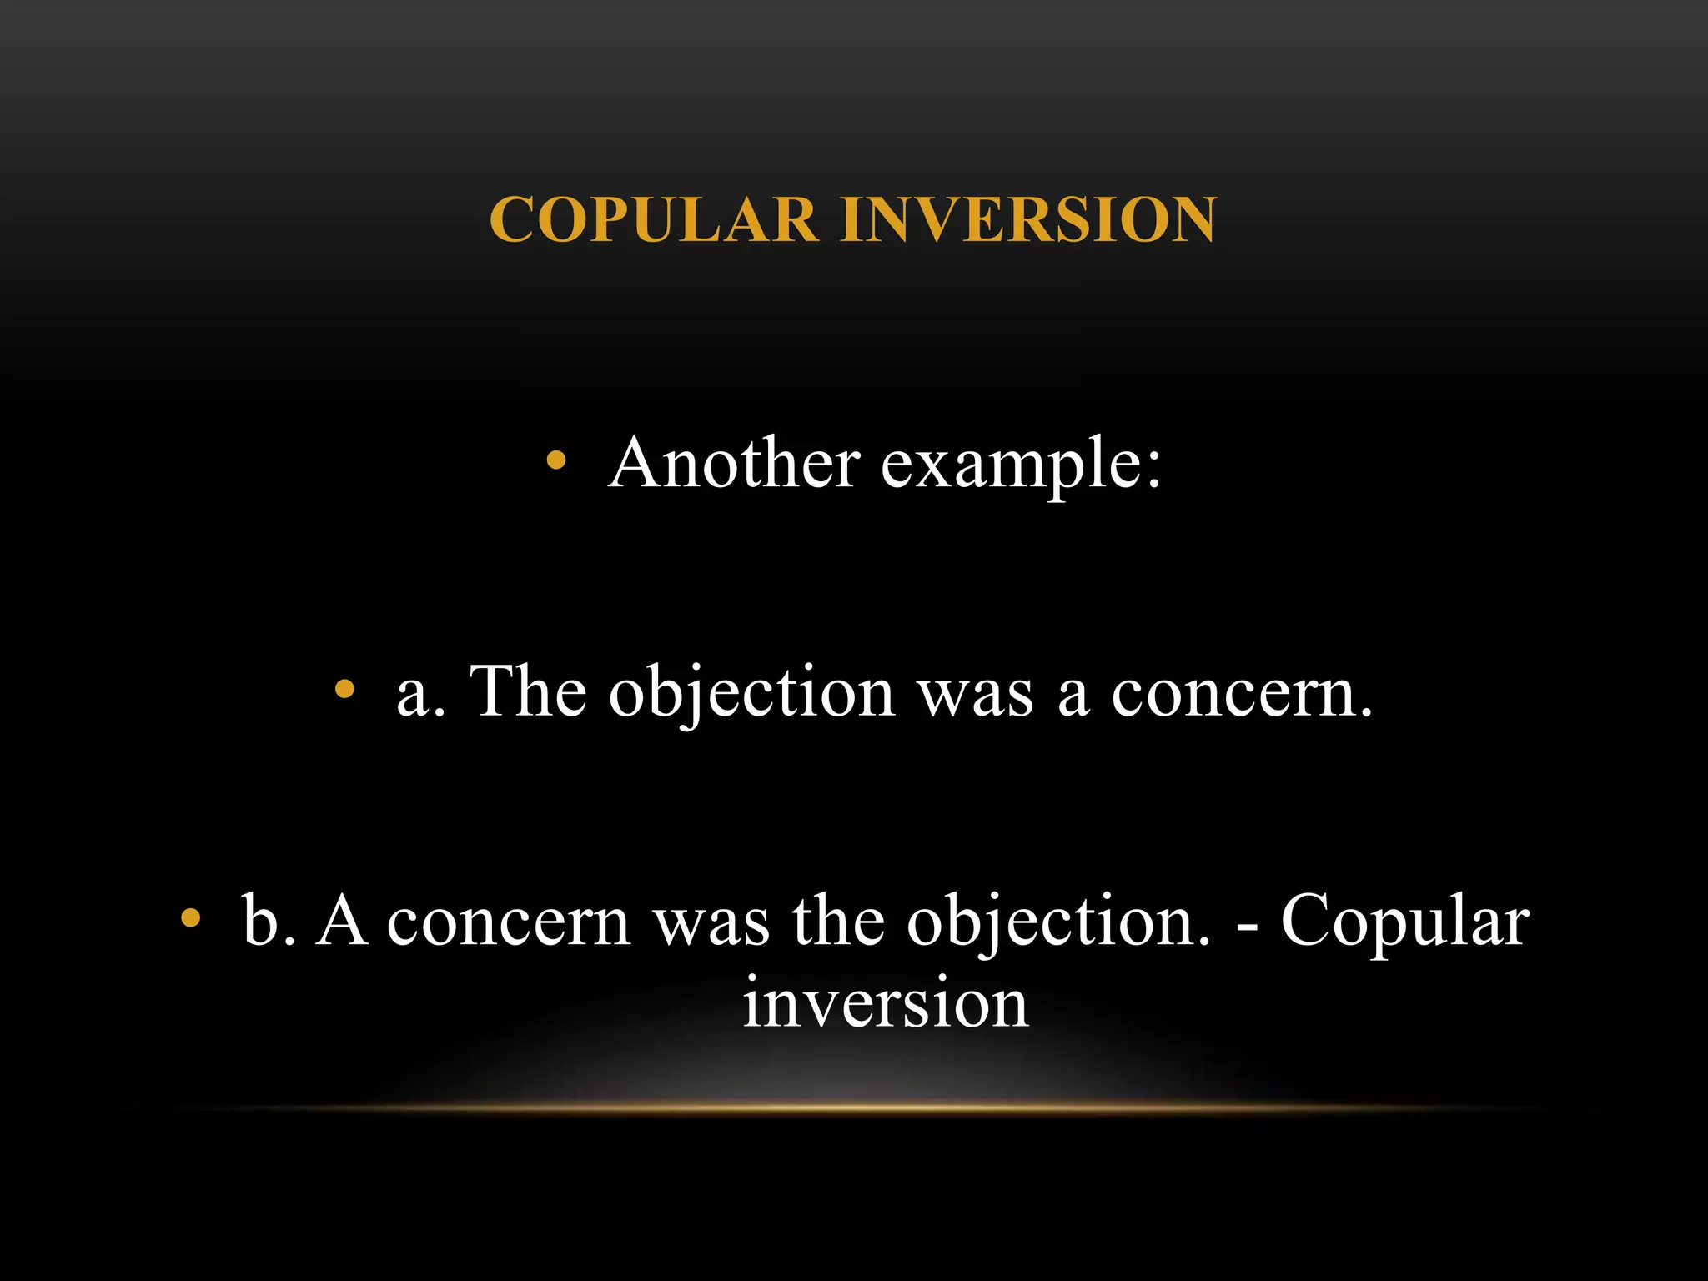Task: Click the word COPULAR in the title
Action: coord(654,220)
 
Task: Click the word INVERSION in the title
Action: coord(1029,220)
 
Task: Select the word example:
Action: coord(1021,465)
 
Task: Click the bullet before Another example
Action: coord(556,460)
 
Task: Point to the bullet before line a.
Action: coord(344,689)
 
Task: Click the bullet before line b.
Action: coord(191,918)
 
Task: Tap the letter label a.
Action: coord(420,694)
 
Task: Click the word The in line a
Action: coord(529,691)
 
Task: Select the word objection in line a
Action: coord(751,694)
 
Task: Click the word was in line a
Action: coord(976,695)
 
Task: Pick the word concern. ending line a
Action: coord(1242,695)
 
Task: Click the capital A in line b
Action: coord(342,921)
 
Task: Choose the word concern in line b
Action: coord(509,923)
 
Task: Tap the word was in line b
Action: coord(711,923)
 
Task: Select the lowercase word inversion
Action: coord(885,1003)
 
